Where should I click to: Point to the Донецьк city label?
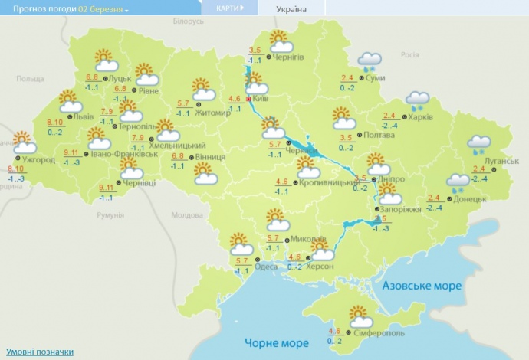coord(471,199)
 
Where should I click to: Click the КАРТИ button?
coord(228,8)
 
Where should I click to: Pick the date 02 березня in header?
coord(103,9)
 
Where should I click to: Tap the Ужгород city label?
coord(38,160)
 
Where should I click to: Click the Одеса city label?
coord(267,267)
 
